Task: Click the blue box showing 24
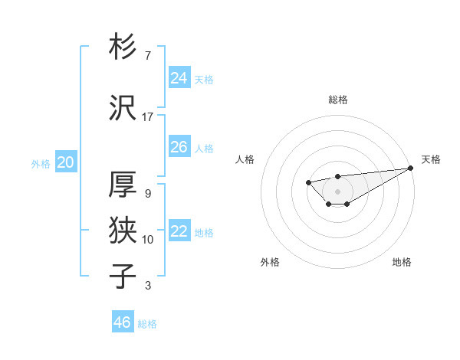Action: tap(179, 78)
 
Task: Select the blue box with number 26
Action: tap(179, 147)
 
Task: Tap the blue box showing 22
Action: tap(179, 231)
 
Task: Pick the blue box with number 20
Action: tap(65, 162)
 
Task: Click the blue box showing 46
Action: tap(122, 322)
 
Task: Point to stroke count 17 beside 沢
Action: tap(147, 117)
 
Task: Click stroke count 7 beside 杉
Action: tap(147, 56)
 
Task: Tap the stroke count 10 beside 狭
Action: tap(147, 240)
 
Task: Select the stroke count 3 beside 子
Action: tap(147, 286)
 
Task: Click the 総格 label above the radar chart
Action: tap(337, 100)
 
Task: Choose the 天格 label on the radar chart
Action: tap(431, 159)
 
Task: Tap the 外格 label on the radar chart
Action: tap(270, 262)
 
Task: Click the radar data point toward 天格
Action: tap(411, 168)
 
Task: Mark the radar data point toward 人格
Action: tap(308, 182)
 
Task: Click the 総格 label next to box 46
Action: tap(147, 324)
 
